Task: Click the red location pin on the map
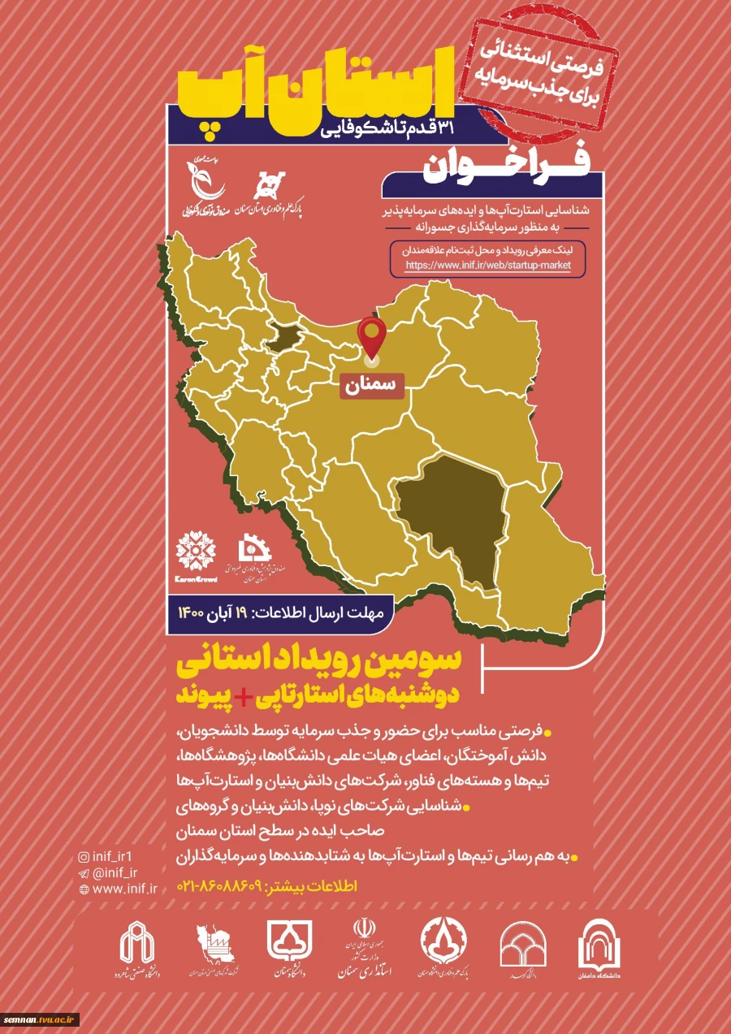pyautogui.click(x=373, y=337)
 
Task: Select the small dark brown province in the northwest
pyautogui.click(x=280, y=335)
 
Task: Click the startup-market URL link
pyautogui.click(x=487, y=265)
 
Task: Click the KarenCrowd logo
pyautogui.click(x=196, y=555)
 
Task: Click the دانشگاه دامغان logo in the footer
pyautogui.click(x=600, y=945)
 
